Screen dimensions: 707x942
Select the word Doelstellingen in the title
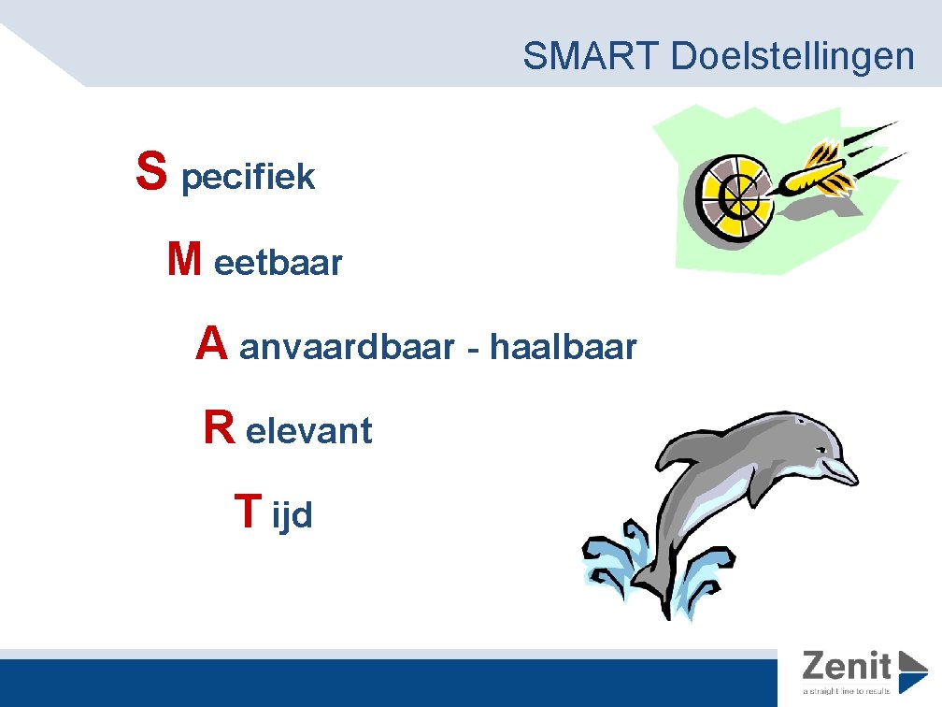(x=793, y=57)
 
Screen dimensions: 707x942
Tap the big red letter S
(x=151, y=171)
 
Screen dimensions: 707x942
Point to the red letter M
(x=183, y=259)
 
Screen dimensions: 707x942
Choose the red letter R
(x=219, y=428)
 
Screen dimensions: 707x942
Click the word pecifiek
(x=248, y=177)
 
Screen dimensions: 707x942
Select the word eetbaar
(x=278, y=264)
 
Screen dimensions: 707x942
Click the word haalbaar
(x=563, y=348)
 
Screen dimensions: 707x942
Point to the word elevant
(x=309, y=432)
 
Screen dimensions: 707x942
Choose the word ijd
(x=292, y=515)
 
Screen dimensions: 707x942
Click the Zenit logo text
(x=847, y=666)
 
